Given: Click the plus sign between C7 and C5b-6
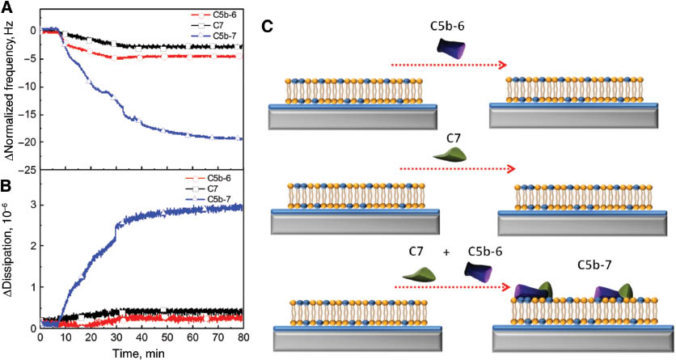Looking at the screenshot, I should pyautogui.click(x=446, y=252).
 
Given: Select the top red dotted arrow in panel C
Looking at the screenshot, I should pyautogui.click(x=449, y=66).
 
